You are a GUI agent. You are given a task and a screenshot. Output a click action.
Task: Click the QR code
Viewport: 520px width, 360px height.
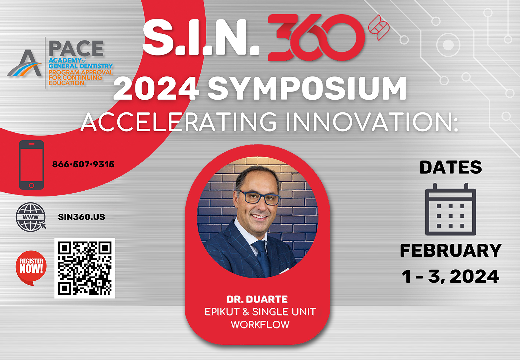coord(85,268)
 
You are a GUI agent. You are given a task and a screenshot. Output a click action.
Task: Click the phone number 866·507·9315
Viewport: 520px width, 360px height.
coord(83,164)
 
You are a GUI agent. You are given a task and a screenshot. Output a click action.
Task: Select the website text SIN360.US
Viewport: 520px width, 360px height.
coord(81,217)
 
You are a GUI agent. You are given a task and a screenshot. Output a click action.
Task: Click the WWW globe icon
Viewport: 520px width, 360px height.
coord(31,217)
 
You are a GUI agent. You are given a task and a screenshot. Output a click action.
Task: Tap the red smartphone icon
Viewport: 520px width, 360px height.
coord(32,165)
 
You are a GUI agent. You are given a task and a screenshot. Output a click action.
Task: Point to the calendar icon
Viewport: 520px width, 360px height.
coord(451,209)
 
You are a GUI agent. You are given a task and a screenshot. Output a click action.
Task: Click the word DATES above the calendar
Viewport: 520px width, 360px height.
coord(451,167)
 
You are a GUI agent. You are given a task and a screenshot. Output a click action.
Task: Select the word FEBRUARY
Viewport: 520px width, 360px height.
coord(451,250)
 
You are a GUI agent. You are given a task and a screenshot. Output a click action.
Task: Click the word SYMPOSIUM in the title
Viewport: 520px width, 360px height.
coord(307,88)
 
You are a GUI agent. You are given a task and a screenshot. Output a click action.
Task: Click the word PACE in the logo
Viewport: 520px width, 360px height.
coord(76,48)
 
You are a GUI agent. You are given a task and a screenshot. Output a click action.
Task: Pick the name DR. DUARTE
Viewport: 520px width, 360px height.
coord(257,299)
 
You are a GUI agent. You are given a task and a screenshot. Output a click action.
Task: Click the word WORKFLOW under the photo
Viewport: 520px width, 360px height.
coord(260,324)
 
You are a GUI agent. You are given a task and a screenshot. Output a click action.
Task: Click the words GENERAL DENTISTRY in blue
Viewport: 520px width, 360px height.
coord(81,66)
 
